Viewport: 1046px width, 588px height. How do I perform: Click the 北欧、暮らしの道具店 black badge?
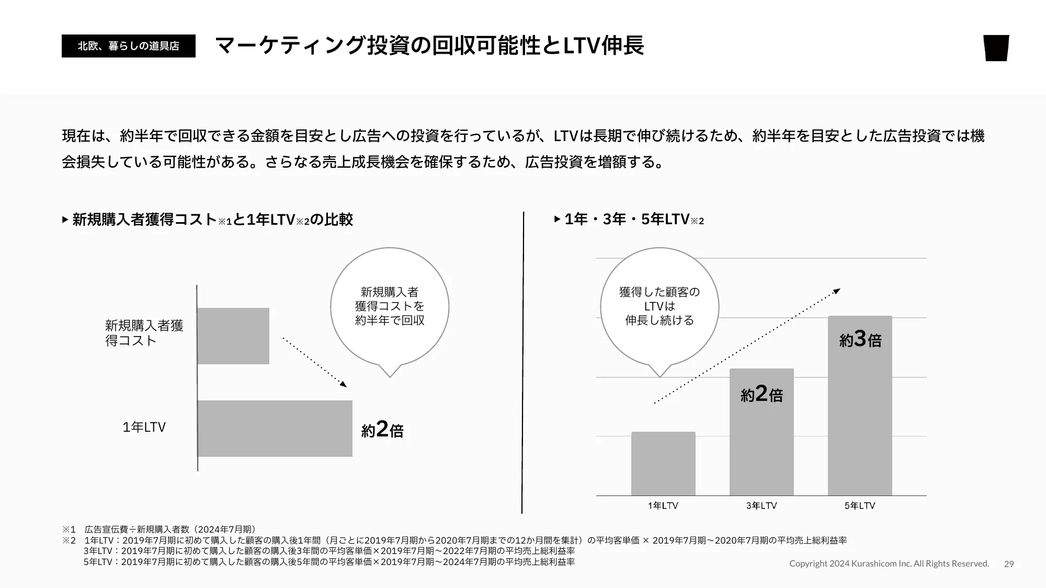tap(128, 46)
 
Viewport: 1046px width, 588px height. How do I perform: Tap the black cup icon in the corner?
tap(996, 48)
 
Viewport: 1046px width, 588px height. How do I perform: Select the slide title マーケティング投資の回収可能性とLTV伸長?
tap(429, 45)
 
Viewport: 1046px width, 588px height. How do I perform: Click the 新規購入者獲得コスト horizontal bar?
tap(233, 336)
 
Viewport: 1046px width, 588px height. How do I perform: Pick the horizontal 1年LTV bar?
tap(275, 429)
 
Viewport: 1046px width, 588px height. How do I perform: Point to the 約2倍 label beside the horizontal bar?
tap(382, 430)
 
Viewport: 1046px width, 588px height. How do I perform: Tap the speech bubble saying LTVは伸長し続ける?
tap(660, 307)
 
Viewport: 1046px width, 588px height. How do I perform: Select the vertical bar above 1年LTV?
tap(663, 464)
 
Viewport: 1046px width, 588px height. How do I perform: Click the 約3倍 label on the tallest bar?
tap(860, 340)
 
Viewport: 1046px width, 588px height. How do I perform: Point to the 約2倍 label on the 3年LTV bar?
tap(761, 394)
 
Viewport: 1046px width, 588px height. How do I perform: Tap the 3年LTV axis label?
tap(761, 506)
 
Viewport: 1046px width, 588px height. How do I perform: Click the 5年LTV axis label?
tap(860, 506)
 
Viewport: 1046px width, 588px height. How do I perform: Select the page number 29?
tap(1009, 564)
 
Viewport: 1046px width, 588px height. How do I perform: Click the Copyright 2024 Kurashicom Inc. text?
tap(889, 564)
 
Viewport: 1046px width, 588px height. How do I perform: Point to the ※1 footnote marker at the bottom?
tap(69, 529)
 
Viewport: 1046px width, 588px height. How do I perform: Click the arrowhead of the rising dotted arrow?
tap(837, 291)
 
